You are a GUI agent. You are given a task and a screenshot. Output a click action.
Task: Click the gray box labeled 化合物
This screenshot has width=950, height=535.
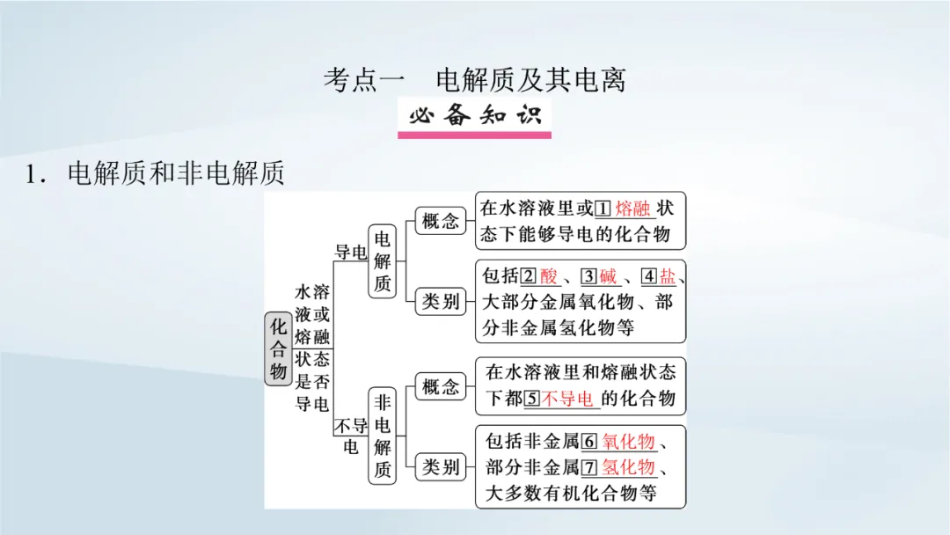coord(278,348)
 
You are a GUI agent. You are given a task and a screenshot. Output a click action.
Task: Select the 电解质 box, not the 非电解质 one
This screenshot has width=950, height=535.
coord(382,261)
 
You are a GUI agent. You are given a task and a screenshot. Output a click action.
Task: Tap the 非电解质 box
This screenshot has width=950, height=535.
coord(382,437)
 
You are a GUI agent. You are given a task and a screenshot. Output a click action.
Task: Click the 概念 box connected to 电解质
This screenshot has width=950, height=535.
coord(440,221)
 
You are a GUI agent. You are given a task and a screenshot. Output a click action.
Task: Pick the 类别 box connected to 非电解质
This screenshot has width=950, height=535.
coord(440,467)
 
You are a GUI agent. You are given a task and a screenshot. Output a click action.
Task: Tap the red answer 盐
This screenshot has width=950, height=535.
coord(668,275)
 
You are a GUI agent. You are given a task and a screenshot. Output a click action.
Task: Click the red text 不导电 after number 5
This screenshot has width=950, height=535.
coord(567,399)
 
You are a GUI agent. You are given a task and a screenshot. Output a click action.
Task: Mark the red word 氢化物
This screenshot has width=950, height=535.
coord(628,466)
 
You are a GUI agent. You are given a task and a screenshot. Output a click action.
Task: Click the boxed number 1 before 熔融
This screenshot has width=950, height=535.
coord(603,209)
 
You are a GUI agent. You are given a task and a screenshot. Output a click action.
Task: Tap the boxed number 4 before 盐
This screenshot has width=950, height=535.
coord(648,275)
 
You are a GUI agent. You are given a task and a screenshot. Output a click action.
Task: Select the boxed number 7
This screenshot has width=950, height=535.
coord(589,466)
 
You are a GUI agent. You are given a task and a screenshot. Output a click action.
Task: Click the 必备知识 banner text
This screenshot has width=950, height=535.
coord(475,115)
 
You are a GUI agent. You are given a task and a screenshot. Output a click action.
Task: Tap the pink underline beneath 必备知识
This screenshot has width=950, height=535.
coord(475,135)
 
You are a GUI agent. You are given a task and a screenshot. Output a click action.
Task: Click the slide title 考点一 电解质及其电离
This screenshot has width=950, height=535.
coord(474,80)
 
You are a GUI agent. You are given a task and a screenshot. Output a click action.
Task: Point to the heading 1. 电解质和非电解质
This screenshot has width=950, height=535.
coord(155,174)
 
